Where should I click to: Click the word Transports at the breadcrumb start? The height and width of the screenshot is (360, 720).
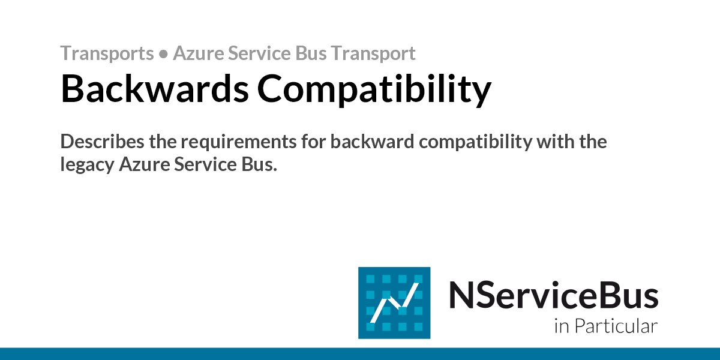click(x=107, y=53)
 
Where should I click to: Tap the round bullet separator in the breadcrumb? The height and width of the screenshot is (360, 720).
click(x=163, y=54)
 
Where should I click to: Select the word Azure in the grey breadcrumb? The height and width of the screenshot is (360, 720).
click(x=199, y=53)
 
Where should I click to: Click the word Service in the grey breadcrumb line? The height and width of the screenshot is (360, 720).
click(x=259, y=53)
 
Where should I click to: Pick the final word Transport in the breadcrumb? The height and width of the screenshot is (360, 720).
click(x=373, y=53)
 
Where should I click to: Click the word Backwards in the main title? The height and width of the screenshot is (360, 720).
click(x=155, y=88)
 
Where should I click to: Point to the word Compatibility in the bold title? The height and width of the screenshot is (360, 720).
click(x=374, y=90)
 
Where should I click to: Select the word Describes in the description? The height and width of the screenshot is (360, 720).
click(x=102, y=142)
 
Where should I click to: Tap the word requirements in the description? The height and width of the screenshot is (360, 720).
click(x=239, y=142)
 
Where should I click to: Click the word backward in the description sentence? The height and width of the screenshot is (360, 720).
click(x=372, y=142)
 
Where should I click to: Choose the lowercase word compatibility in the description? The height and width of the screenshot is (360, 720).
click(x=476, y=142)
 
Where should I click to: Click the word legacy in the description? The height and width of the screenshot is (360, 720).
click(x=88, y=166)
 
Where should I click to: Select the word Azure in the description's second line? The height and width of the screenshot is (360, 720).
click(x=145, y=164)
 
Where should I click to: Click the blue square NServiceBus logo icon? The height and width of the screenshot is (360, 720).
click(x=394, y=303)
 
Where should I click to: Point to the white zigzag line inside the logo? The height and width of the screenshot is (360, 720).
click(x=394, y=303)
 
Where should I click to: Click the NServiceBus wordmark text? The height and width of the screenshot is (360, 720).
click(x=553, y=295)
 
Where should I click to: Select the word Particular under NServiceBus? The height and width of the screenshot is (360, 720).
click(x=616, y=326)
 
